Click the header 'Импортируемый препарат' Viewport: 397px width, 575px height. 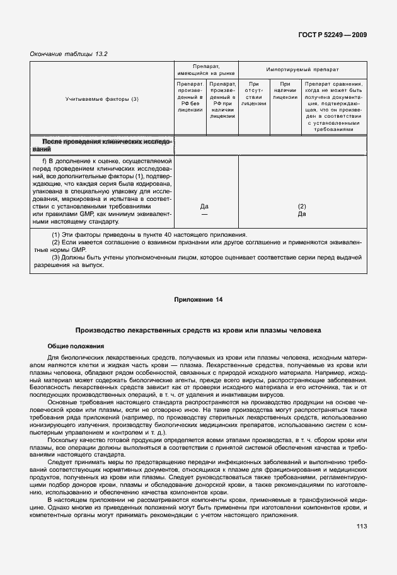(x=302, y=69)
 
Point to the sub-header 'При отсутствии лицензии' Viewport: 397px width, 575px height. (x=254, y=94)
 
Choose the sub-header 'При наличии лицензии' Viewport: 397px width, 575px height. (x=285, y=90)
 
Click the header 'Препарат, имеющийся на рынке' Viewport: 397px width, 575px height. (x=205, y=69)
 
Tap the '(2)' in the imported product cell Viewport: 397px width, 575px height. (x=302, y=207)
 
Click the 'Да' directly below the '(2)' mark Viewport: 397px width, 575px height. (x=302, y=214)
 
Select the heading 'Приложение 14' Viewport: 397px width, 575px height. (x=198, y=299)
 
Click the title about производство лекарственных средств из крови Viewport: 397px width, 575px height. (x=198, y=330)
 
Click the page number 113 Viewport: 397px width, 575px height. (x=361, y=527)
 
